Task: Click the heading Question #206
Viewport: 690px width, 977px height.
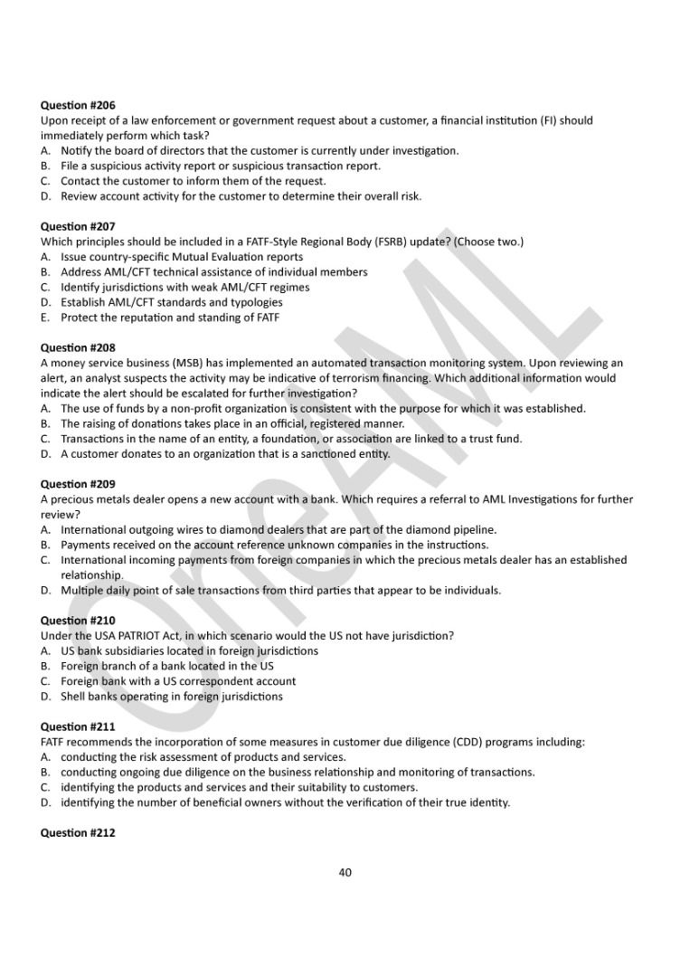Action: pyautogui.click(x=78, y=105)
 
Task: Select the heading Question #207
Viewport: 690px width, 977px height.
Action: pyautogui.click(x=78, y=226)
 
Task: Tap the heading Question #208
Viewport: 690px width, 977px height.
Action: pyautogui.click(x=78, y=347)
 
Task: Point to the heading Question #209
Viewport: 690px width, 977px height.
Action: pyautogui.click(x=78, y=484)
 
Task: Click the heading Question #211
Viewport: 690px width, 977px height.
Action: pyautogui.click(x=78, y=726)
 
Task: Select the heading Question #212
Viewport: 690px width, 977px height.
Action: pyautogui.click(x=78, y=832)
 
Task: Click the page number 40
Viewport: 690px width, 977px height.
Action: pyautogui.click(x=345, y=872)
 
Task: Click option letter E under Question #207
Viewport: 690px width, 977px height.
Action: pyautogui.click(x=44, y=318)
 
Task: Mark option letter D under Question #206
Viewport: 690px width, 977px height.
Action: pyautogui.click(x=45, y=195)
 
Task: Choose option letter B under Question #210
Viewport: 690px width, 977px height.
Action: pyautogui.click(x=44, y=666)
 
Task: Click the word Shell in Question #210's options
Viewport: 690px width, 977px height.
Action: pyautogui.click(x=74, y=697)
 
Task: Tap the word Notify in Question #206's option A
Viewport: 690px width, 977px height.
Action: pyautogui.click(x=76, y=150)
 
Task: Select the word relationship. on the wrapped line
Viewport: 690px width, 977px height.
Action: pyautogui.click(x=92, y=575)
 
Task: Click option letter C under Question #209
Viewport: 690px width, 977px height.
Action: pyautogui.click(x=44, y=560)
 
